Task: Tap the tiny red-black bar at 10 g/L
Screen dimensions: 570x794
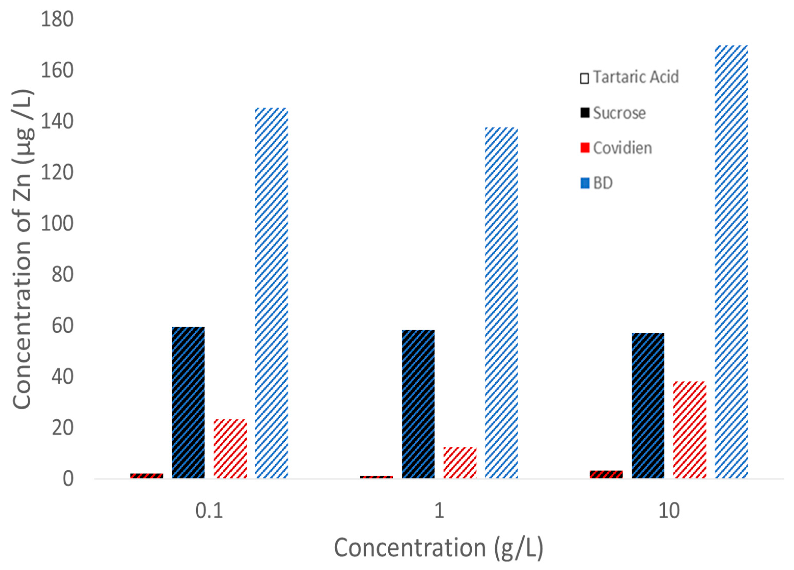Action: tap(606, 474)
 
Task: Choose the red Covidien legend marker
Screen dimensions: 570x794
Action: tap(585, 147)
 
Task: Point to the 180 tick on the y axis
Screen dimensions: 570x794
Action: tap(57, 19)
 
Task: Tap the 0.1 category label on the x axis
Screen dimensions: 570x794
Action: tap(209, 511)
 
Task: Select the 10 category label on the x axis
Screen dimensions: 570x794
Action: tap(669, 511)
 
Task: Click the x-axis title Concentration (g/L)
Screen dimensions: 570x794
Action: tap(438, 548)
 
